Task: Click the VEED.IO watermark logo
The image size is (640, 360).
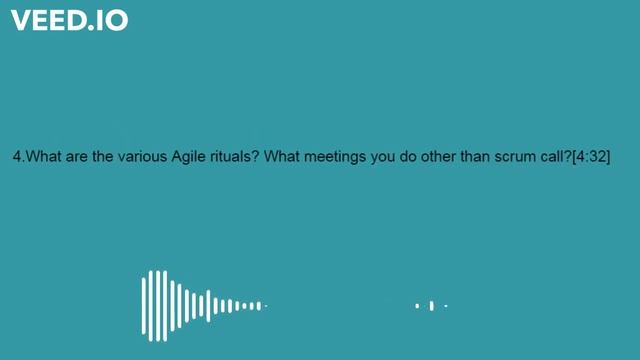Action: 70,20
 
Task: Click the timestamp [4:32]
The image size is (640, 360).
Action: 591,157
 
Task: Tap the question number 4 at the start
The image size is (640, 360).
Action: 17,157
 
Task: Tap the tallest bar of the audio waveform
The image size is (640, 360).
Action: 155,305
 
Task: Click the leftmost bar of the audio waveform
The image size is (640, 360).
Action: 143,305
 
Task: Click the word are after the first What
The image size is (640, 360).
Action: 79,157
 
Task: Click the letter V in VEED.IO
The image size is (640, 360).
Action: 21,20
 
